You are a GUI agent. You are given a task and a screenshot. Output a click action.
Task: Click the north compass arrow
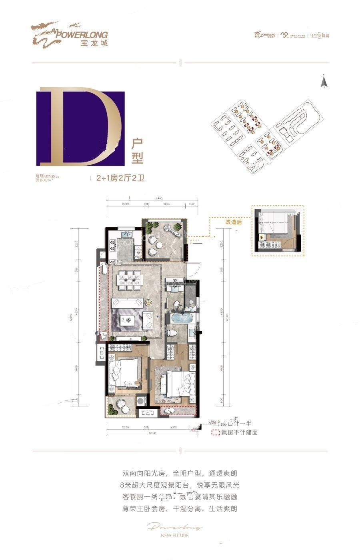(x=324, y=82)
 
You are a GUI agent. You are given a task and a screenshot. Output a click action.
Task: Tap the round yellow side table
(x=149, y=302)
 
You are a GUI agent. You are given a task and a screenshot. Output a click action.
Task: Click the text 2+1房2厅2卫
(x=120, y=179)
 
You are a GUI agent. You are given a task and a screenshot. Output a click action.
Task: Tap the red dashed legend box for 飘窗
(x=216, y=432)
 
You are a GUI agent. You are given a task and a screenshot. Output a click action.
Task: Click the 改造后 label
(x=234, y=222)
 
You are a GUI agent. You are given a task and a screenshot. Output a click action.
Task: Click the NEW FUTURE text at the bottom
(x=174, y=535)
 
